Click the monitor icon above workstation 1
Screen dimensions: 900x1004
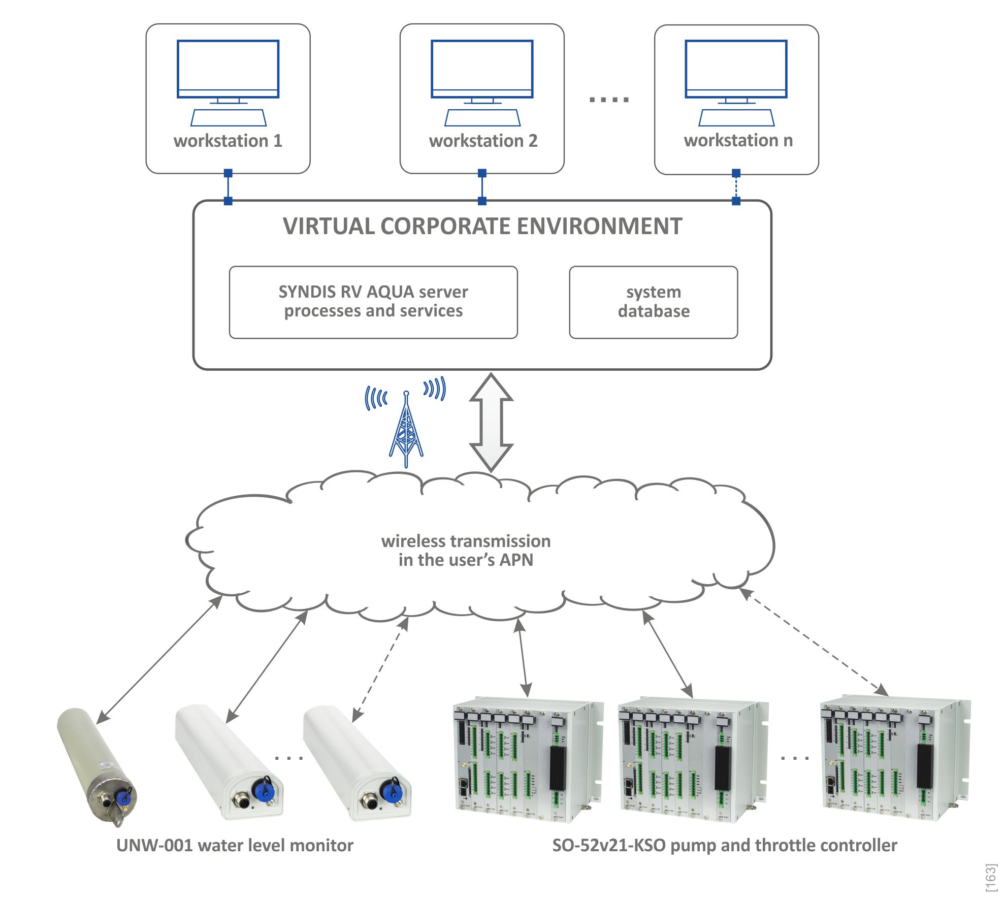point(228,70)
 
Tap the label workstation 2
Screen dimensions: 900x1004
point(483,141)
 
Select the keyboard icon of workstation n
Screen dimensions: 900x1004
point(736,118)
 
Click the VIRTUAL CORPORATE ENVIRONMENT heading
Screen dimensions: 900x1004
point(482,227)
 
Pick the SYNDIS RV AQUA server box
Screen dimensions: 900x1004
point(373,302)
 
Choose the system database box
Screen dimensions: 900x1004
point(653,302)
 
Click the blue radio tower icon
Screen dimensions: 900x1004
point(406,429)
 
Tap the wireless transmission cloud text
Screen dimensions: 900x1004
point(466,550)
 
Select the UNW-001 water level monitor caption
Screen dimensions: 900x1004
point(235,845)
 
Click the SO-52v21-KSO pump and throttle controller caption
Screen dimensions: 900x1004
point(724,845)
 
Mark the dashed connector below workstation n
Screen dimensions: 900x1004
point(736,187)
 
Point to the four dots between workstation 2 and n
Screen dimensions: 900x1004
point(609,100)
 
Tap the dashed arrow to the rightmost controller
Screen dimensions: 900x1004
point(815,642)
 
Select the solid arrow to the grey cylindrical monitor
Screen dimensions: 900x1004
point(159,660)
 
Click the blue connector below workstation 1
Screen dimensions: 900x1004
point(228,187)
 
